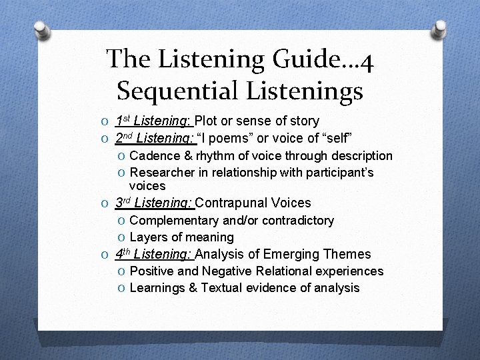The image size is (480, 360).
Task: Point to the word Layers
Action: coord(148,237)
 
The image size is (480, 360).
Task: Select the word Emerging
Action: coord(289,254)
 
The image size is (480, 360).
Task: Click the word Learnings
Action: coord(157,288)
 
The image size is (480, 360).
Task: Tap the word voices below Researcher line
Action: coord(147,186)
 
